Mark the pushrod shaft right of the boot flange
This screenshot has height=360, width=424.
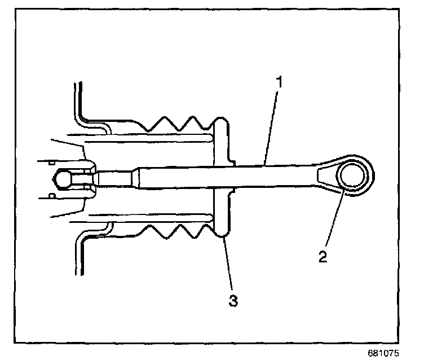pos(271,176)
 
